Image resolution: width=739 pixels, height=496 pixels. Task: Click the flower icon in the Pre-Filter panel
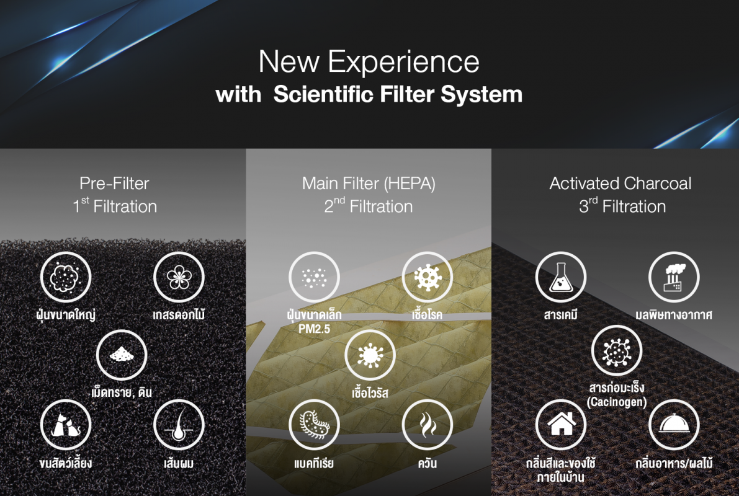tap(179, 277)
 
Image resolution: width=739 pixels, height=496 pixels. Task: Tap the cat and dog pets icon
tap(66, 425)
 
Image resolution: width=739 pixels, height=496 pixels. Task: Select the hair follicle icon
tap(179, 425)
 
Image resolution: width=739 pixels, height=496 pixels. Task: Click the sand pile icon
tap(122, 355)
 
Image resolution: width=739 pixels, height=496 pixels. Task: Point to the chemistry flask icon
tap(561, 277)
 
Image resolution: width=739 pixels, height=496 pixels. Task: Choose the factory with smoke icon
tap(674, 277)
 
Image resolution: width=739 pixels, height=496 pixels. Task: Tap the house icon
tap(561, 425)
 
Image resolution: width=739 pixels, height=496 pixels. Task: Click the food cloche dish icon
tap(674, 425)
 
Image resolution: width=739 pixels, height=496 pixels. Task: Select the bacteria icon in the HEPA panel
tap(314, 425)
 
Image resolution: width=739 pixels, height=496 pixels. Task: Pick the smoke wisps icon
tap(428, 425)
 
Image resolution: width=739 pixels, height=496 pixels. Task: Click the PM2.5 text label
tap(315, 329)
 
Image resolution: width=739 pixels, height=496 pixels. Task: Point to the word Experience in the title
tap(403, 62)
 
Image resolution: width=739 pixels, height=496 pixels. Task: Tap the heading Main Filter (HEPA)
tap(369, 184)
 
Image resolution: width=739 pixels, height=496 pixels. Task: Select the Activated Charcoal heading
tap(620, 184)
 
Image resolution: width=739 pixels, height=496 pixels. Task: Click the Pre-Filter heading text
tap(115, 184)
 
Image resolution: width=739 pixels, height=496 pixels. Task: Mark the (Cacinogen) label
tap(617, 402)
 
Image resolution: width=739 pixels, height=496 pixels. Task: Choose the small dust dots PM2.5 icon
tap(314, 277)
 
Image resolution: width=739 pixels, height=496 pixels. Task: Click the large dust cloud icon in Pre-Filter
tap(66, 277)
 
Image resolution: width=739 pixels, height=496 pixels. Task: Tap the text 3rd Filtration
tap(622, 206)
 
